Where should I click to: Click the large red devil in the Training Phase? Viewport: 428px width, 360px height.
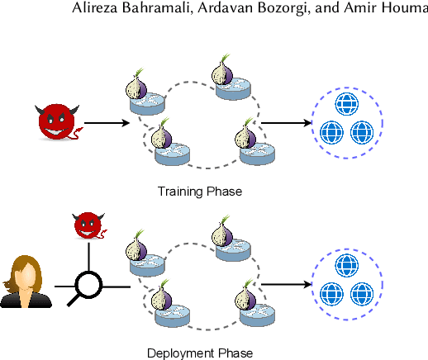[x=58, y=122]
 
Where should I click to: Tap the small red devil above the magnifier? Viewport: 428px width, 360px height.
[x=87, y=225]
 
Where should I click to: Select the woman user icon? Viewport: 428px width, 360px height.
[x=26, y=282]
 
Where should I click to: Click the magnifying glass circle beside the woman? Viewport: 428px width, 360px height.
[x=88, y=286]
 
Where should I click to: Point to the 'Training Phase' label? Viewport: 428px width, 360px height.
[x=199, y=192]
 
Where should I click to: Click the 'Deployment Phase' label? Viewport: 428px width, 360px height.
[x=199, y=353]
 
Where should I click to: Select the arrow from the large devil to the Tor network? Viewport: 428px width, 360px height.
[x=107, y=123]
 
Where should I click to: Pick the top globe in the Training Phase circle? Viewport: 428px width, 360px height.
[x=345, y=104]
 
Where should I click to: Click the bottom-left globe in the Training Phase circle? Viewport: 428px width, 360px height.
[x=331, y=131]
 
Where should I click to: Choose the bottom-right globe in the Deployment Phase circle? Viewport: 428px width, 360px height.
[x=360, y=292]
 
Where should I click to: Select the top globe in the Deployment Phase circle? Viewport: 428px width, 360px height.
[x=345, y=265]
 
